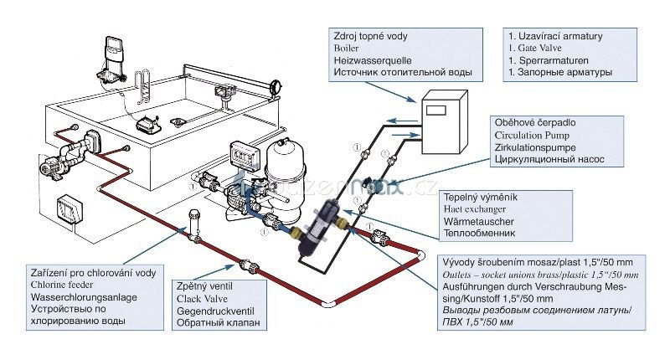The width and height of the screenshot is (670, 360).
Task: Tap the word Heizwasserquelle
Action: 369,61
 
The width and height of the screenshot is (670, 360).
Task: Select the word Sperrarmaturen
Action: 553,61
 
